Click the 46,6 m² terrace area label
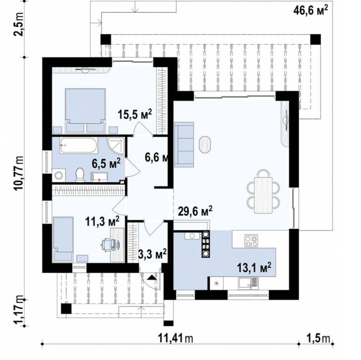pyautogui.click(x=311, y=10)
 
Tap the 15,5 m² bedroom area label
pyautogui.click(x=135, y=114)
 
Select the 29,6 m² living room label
pyautogui.click(x=195, y=211)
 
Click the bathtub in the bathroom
pyautogui.click(x=79, y=145)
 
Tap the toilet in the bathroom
pyautogui.click(x=80, y=174)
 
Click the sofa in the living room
pyautogui.click(x=184, y=144)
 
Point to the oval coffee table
pyautogui.click(x=205, y=144)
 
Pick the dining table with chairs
pyautogui.click(x=263, y=191)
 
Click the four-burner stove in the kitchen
pyautogui.click(x=251, y=241)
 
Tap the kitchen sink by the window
pyautogui.click(x=248, y=283)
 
